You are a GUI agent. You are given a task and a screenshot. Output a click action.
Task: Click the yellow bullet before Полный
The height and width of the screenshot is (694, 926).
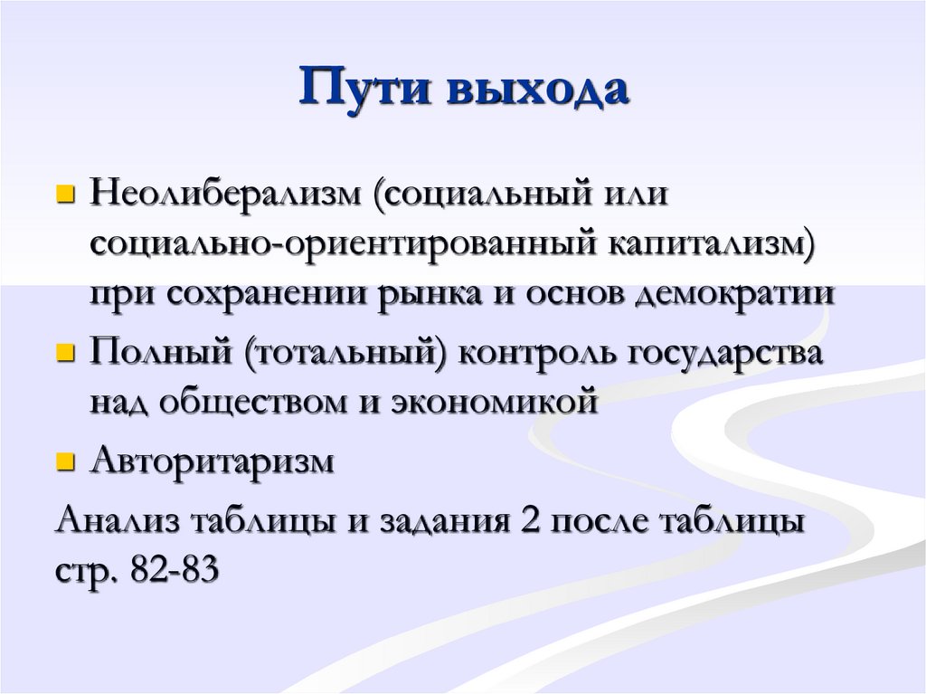point(64,353)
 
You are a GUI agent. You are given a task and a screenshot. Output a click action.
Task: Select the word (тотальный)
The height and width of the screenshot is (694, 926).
point(346,355)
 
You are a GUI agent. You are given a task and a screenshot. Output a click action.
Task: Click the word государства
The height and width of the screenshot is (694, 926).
point(720,355)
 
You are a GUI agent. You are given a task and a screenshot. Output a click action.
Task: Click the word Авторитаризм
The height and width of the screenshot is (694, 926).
point(213,462)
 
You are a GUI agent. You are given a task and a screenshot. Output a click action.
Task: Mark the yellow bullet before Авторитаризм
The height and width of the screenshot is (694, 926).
point(64,462)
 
